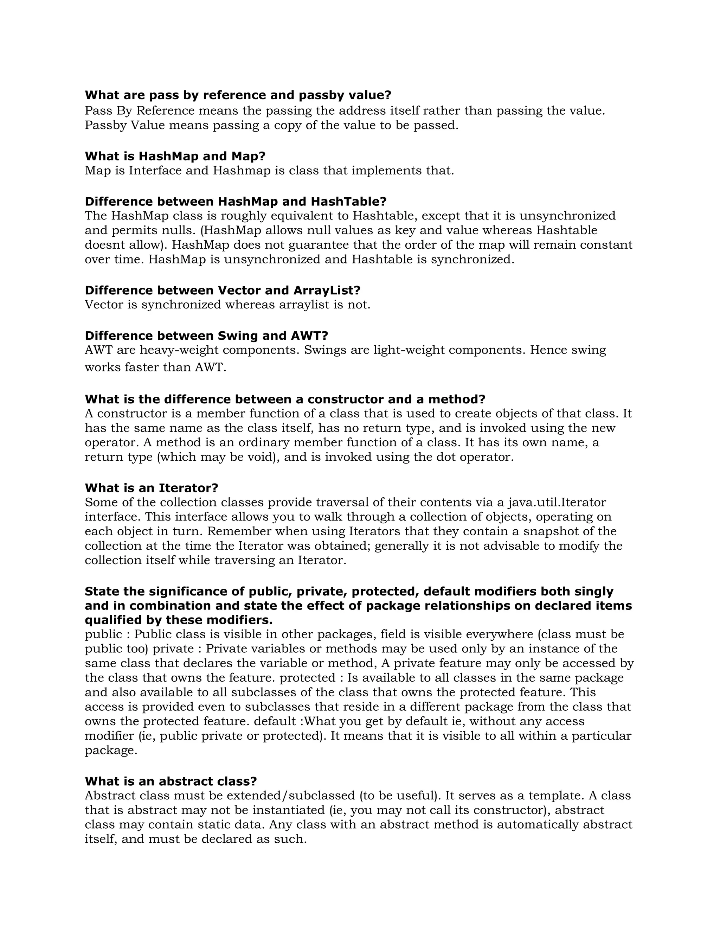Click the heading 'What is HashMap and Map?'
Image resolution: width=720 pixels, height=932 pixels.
coord(175,156)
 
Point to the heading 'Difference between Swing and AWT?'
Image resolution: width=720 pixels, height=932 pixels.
coord(206,336)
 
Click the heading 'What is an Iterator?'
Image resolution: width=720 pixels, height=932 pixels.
coord(152,488)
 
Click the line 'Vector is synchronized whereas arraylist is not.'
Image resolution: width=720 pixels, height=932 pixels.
coord(227,305)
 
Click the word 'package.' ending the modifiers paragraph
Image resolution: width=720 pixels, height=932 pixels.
coord(111,750)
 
